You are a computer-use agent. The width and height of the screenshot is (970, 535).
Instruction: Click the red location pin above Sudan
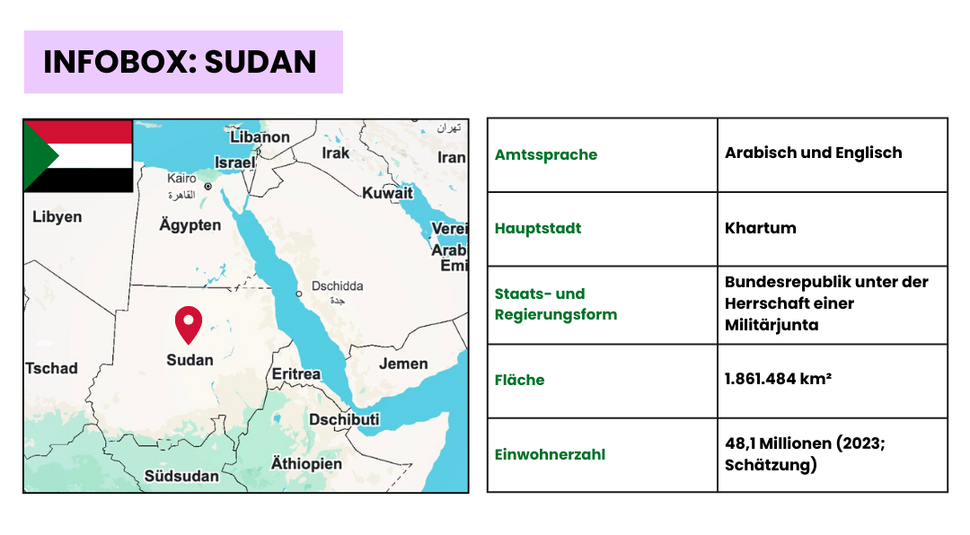pyautogui.click(x=189, y=324)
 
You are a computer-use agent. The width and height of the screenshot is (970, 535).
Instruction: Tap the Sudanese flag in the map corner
pyautogui.click(x=78, y=156)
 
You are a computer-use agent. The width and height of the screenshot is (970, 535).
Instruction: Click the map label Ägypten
pyautogui.click(x=190, y=224)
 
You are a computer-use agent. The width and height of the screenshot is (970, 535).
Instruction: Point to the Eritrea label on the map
pyautogui.click(x=296, y=373)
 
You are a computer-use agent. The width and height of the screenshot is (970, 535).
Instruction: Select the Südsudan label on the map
pyautogui.click(x=181, y=476)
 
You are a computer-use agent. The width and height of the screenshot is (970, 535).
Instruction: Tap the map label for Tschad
pyautogui.click(x=52, y=368)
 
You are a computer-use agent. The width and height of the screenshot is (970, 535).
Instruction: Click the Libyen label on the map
pyautogui.click(x=57, y=216)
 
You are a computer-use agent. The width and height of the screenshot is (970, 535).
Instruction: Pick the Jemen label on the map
pyautogui.click(x=403, y=364)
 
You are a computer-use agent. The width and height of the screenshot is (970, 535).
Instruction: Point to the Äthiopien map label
pyautogui.click(x=306, y=463)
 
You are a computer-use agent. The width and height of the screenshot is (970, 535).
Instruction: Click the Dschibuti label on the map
pyautogui.click(x=344, y=419)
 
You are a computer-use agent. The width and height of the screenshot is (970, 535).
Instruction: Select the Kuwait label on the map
pyautogui.click(x=387, y=193)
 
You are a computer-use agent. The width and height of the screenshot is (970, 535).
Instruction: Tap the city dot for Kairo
pyautogui.click(x=207, y=186)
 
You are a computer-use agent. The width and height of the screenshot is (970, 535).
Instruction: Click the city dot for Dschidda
pyautogui.click(x=299, y=294)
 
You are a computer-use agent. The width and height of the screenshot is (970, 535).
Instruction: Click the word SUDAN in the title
pyautogui.click(x=260, y=62)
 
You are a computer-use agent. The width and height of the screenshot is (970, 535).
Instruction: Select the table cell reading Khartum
pyautogui.click(x=761, y=228)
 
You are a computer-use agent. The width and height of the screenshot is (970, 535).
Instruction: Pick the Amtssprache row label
pyautogui.click(x=546, y=154)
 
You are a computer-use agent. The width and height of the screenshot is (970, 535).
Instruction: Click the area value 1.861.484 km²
pyautogui.click(x=778, y=379)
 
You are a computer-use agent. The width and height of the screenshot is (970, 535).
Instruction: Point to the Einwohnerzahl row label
pyautogui.click(x=550, y=454)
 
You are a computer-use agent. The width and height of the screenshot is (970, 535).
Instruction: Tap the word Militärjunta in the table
pyautogui.click(x=772, y=325)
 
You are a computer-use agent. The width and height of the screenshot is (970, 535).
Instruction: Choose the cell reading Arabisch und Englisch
pyautogui.click(x=814, y=153)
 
